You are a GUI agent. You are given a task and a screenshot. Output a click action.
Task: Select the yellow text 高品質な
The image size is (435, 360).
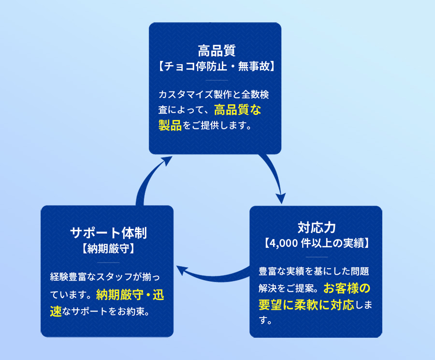click(x=238, y=110)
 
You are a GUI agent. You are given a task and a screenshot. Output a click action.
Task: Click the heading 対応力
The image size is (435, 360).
click(x=317, y=227)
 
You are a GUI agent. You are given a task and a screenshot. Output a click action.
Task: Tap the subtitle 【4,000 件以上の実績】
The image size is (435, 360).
click(x=317, y=242)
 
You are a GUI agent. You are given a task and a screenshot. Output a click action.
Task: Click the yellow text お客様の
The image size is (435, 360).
click(x=347, y=288)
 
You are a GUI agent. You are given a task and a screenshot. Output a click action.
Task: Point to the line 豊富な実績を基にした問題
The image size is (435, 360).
click(x=314, y=270)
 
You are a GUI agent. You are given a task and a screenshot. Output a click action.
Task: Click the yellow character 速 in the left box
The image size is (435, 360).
click(x=56, y=311)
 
